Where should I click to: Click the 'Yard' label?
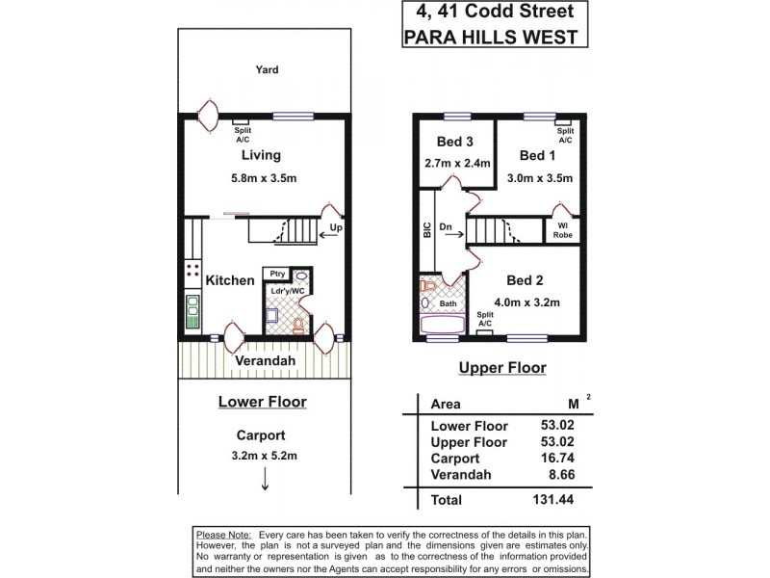[x=267, y=69]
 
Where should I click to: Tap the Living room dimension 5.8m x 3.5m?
[x=261, y=177]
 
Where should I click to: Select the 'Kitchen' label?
[x=230, y=280]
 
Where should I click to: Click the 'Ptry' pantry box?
[x=277, y=274]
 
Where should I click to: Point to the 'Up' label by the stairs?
[x=336, y=229]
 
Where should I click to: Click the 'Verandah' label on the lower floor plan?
[x=265, y=360]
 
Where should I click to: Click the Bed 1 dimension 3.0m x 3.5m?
[x=540, y=177]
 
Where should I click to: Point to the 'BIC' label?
[x=426, y=230]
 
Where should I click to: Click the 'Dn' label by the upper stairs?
[x=446, y=228]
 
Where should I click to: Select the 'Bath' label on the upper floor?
[x=448, y=303]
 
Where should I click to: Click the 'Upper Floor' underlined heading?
[x=501, y=367]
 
